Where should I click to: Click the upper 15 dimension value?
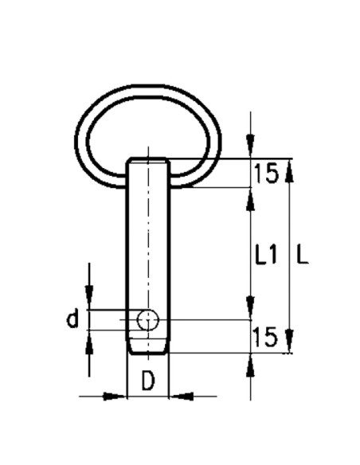(x=266, y=173)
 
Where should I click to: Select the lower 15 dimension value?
(x=266, y=337)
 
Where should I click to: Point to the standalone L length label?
(x=302, y=255)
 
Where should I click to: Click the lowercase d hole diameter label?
(x=72, y=320)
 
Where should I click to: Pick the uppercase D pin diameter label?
(x=148, y=381)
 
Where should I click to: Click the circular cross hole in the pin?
(x=148, y=320)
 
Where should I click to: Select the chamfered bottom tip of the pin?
(x=148, y=349)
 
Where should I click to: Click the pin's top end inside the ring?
(x=148, y=162)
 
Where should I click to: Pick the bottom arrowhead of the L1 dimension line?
(x=251, y=311)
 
